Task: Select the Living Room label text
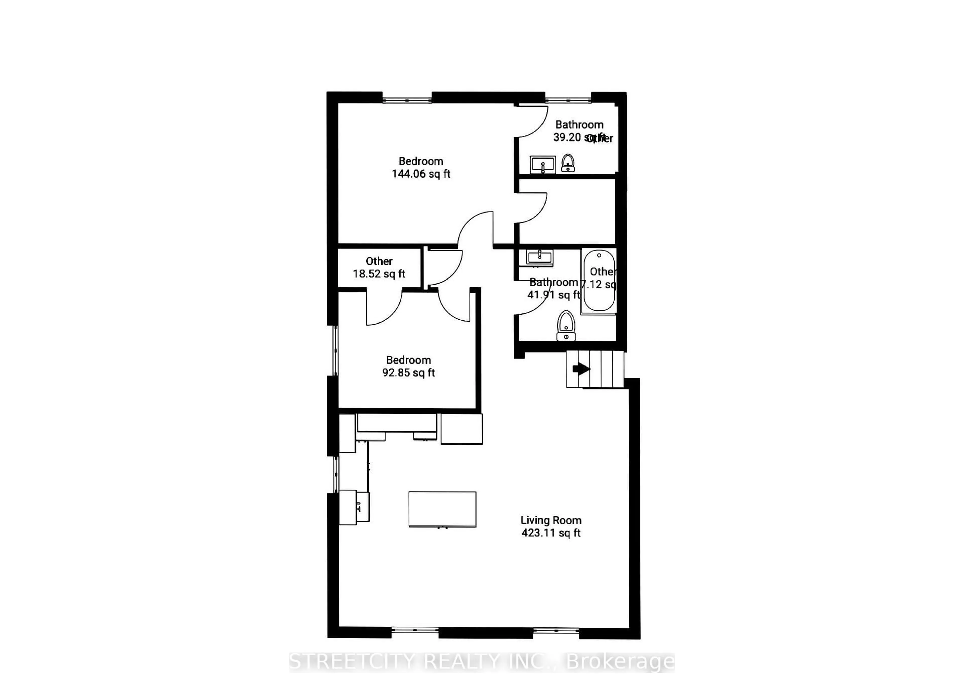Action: point(551,520)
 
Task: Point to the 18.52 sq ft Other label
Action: point(379,268)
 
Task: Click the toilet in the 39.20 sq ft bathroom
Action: point(568,163)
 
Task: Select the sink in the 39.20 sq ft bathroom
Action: point(542,164)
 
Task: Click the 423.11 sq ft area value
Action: point(551,533)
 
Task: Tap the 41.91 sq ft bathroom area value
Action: point(553,294)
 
